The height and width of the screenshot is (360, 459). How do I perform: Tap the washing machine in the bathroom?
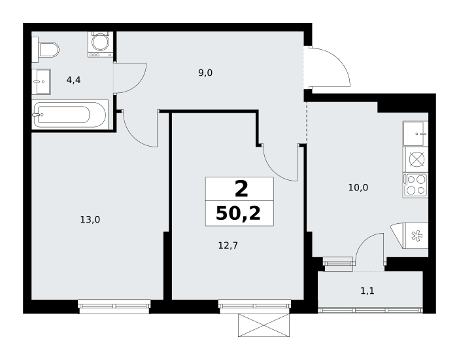tap(100, 44)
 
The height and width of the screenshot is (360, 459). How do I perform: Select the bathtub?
tap(70, 115)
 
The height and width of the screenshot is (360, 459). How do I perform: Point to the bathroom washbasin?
tap(41, 82)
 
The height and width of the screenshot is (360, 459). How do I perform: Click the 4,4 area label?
tap(73, 80)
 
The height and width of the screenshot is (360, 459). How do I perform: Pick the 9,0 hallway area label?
tap(205, 73)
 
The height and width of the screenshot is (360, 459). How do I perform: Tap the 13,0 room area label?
tap(90, 219)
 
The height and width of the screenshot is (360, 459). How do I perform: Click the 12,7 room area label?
tap(228, 245)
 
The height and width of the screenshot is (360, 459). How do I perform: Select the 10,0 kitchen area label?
tap(358, 187)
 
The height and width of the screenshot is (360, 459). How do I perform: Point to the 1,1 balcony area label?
tap(367, 291)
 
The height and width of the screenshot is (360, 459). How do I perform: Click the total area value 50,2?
tap(238, 213)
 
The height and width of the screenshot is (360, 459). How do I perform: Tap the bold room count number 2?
tap(241, 189)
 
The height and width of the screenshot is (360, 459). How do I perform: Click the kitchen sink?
tap(415, 134)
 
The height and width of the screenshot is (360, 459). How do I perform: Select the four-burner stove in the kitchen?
tap(415, 185)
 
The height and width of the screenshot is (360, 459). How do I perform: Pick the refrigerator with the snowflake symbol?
tap(409, 236)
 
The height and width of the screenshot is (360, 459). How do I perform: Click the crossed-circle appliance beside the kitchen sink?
tap(415, 160)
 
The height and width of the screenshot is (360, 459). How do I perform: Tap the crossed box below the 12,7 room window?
tap(263, 325)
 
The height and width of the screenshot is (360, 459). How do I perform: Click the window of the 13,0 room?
tap(114, 306)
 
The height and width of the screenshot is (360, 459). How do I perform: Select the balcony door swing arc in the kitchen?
tap(364, 241)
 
